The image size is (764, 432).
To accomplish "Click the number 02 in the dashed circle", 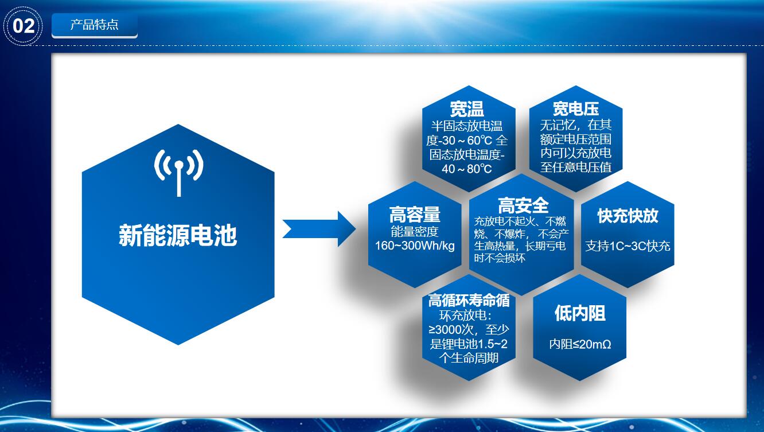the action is [x=24, y=26].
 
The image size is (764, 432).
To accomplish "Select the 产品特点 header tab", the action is [x=95, y=25].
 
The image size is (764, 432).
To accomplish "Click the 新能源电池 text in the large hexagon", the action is [x=178, y=235].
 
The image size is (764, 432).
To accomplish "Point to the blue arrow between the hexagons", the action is [x=319, y=229].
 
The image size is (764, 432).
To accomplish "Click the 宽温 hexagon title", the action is [x=467, y=109].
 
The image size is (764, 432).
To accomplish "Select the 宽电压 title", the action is [x=576, y=108].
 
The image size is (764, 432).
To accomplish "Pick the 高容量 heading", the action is [x=415, y=215].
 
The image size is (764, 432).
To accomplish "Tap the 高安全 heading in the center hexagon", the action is [x=523, y=205].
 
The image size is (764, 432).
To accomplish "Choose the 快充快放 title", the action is [x=627, y=216].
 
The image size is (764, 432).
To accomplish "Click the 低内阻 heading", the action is [x=580, y=313].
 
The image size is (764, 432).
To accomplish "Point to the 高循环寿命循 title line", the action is [x=469, y=300].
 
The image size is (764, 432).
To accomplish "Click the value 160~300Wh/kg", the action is [x=415, y=246].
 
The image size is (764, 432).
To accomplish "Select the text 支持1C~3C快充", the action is [x=627, y=246].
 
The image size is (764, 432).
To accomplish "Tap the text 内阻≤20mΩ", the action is [x=580, y=344].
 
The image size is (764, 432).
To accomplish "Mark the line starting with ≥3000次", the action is [x=469, y=330].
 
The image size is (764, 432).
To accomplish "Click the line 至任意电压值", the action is [x=576, y=167].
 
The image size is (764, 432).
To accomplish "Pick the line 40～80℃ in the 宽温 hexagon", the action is [x=466, y=169].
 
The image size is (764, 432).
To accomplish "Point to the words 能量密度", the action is [x=414, y=232].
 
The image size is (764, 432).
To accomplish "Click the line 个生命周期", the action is [x=469, y=358].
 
